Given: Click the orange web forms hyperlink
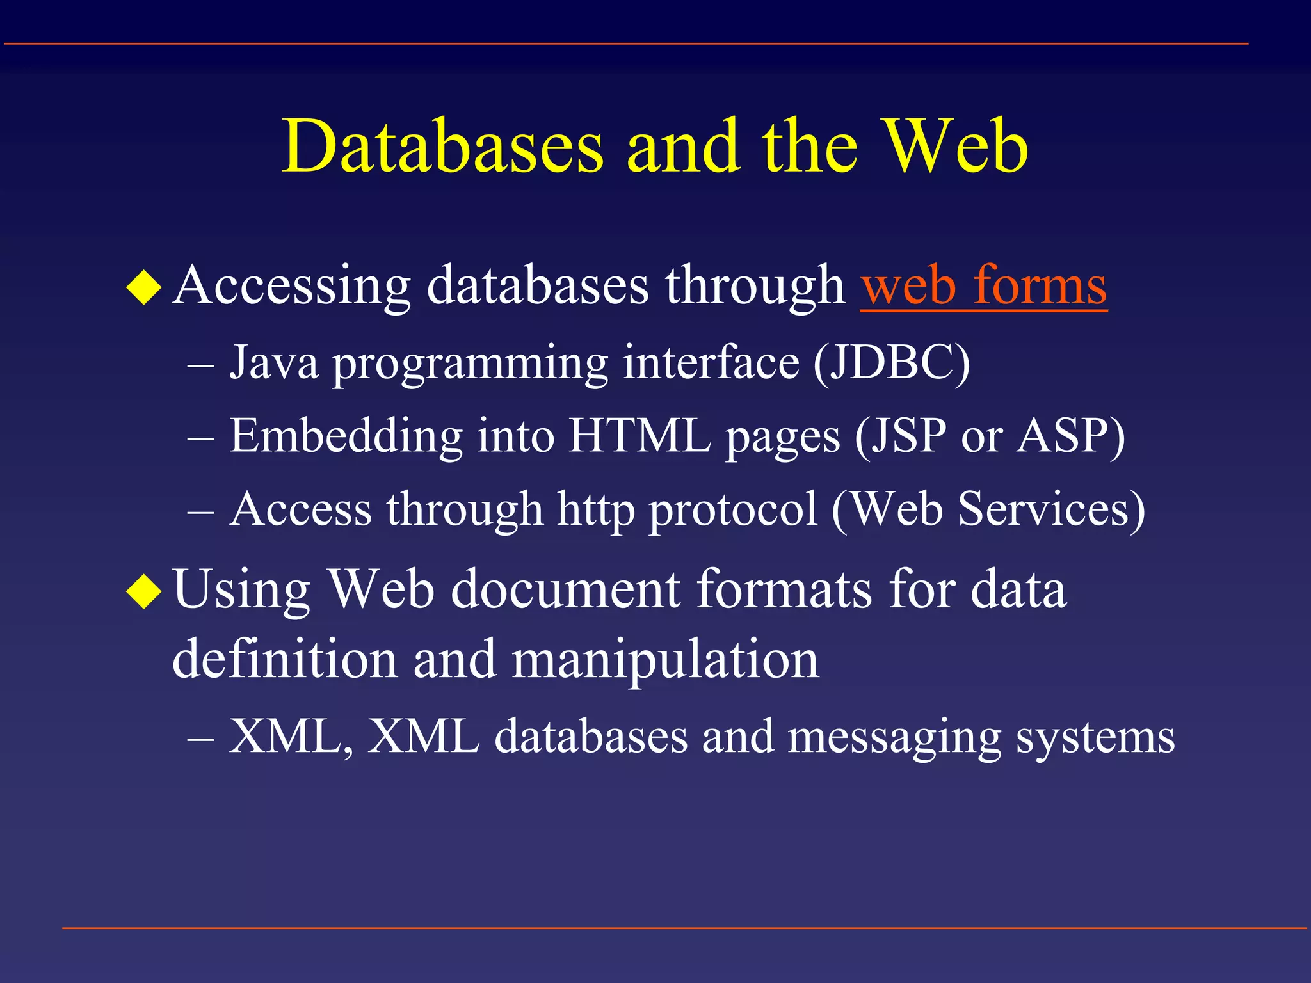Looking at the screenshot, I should [x=983, y=285].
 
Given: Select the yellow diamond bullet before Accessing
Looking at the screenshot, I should [x=143, y=287].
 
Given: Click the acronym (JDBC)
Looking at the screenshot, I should [x=892, y=363].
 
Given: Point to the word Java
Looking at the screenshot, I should [x=274, y=363].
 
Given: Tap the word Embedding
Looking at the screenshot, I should [x=346, y=436].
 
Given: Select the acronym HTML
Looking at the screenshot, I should [x=639, y=436].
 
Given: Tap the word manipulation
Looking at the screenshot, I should [x=665, y=659].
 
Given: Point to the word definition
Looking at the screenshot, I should [x=285, y=659].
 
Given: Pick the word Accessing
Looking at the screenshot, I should [x=291, y=285].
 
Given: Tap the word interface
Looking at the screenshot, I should [x=711, y=363].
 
